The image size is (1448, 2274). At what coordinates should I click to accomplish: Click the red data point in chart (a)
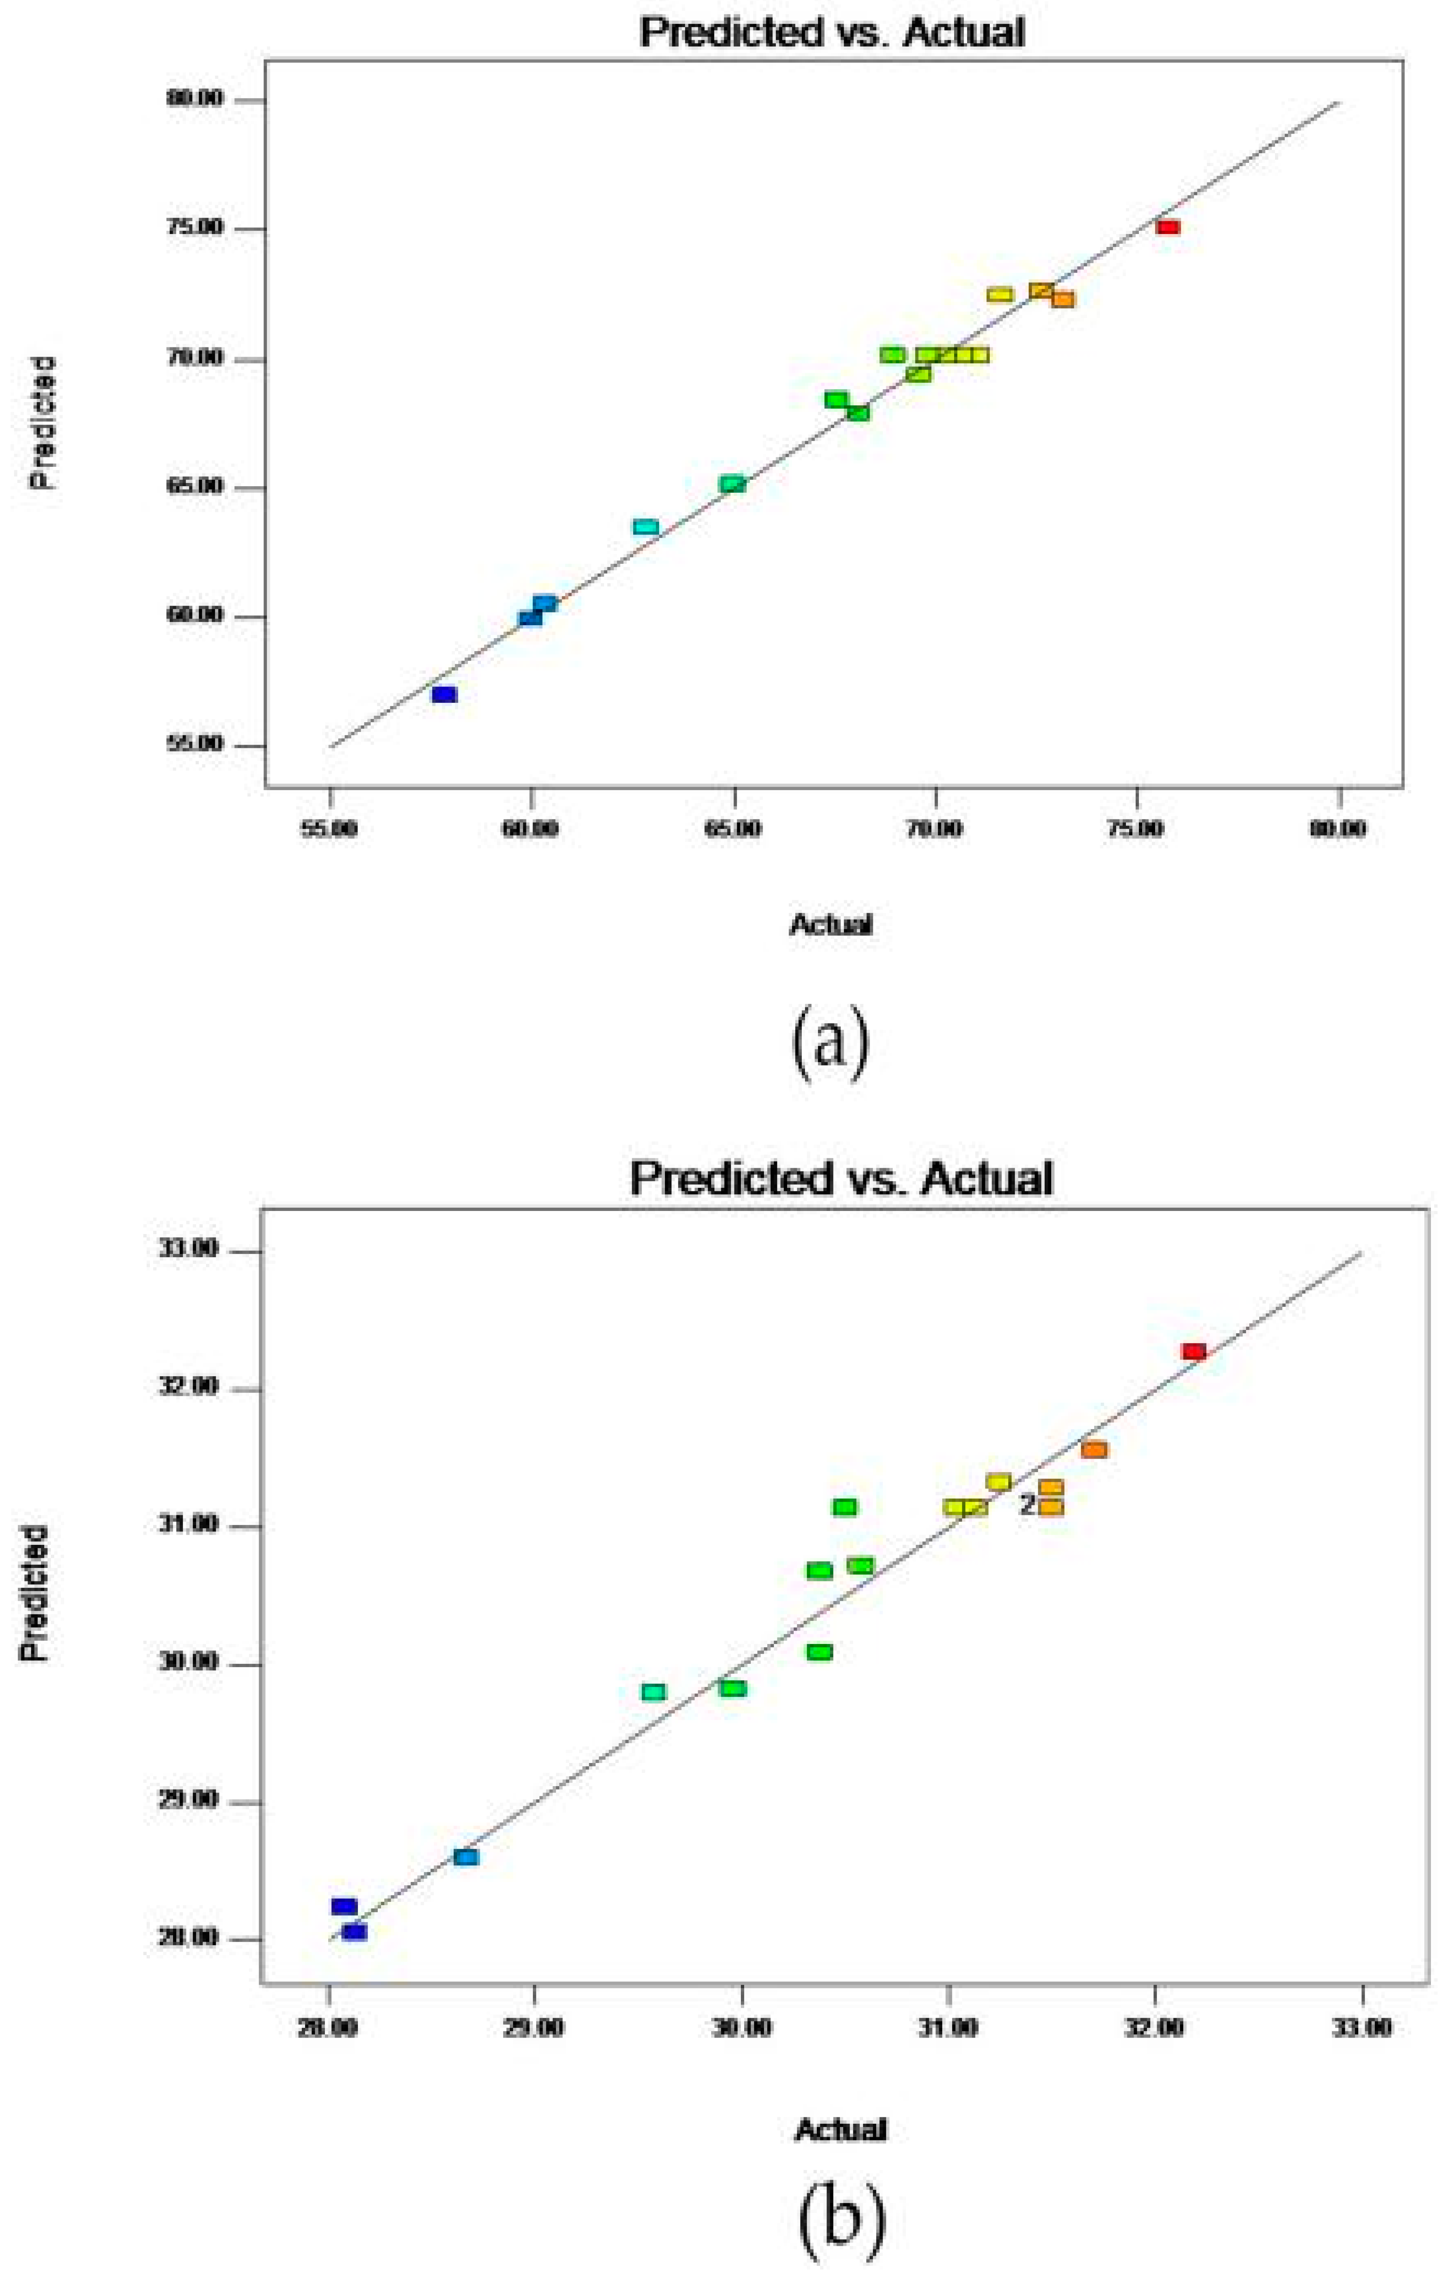[x=1167, y=227]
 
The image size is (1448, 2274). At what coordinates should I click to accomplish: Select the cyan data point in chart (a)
[x=646, y=526]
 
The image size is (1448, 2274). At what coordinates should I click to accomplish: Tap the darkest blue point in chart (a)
[x=444, y=694]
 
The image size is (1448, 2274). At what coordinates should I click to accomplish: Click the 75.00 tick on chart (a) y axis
[x=198, y=229]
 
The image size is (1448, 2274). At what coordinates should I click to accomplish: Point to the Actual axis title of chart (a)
[x=830, y=925]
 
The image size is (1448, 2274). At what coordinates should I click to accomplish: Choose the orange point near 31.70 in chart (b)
[x=1094, y=1449]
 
